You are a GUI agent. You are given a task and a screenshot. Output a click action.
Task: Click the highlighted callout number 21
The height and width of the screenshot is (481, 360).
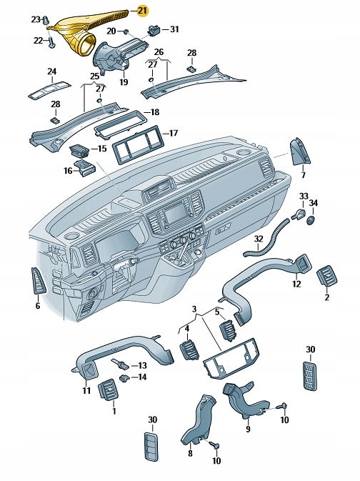(144, 10)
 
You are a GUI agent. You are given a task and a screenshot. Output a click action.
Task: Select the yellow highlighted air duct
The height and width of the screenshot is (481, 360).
(82, 32)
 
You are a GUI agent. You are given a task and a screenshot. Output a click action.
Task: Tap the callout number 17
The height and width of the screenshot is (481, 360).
(173, 133)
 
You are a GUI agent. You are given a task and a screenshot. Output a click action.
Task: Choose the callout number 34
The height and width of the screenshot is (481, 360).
(314, 203)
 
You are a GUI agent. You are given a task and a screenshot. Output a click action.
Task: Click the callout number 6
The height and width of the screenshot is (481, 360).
(38, 306)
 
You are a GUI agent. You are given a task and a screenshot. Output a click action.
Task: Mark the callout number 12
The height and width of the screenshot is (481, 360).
(296, 284)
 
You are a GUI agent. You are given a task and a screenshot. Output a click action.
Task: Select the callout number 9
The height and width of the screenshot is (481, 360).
(248, 430)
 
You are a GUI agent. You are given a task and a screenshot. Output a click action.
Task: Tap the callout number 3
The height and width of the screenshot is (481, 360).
(194, 308)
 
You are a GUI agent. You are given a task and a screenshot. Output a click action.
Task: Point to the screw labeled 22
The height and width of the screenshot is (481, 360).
(53, 42)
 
